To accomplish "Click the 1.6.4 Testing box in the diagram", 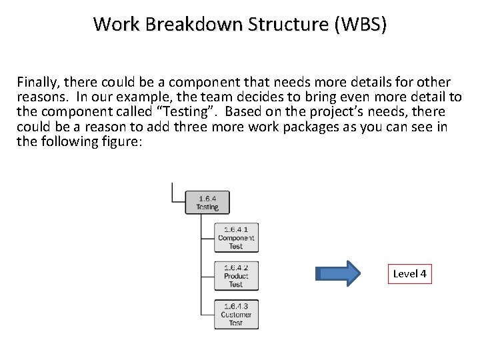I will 207,202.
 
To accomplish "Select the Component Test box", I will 236,238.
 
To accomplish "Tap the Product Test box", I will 236,276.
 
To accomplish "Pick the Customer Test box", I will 236,315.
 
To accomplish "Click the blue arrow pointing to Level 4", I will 340,274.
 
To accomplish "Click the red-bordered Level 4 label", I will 409,274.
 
